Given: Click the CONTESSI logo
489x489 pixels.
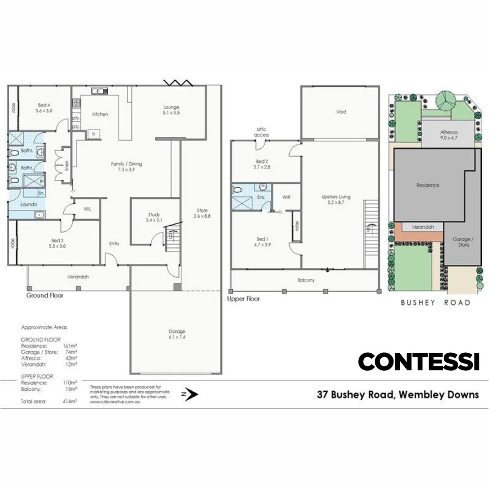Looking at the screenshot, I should click(418, 362).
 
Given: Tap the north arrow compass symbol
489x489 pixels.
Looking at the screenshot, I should click(192, 394).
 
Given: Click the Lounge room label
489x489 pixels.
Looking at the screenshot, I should click(172, 110).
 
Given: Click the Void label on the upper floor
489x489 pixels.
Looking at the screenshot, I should click(340, 112).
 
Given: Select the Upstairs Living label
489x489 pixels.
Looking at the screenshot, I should click(336, 200).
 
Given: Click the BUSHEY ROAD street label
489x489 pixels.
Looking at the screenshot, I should click(435, 302).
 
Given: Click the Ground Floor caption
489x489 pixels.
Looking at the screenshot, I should click(44, 296).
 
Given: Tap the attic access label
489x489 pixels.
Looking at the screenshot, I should click(262, 132).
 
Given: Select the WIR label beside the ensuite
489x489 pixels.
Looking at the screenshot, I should click(286, 198).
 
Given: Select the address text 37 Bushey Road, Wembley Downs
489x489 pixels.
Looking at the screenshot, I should click(398, 394).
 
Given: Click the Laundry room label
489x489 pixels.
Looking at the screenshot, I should click(29, 205).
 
